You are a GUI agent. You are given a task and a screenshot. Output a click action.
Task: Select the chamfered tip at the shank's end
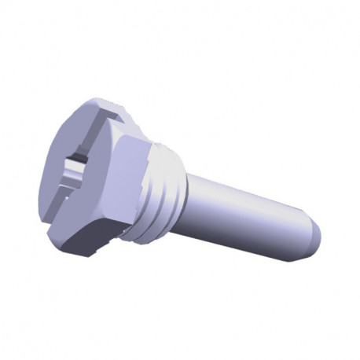(x=313, y=236)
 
